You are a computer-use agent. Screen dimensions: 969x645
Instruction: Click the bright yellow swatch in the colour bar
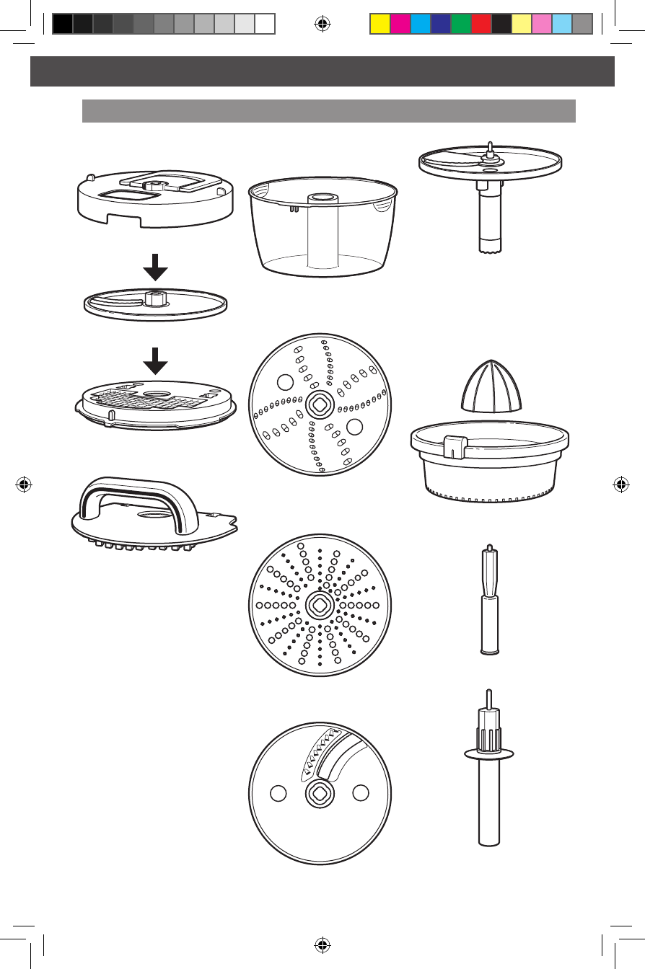pyautogui.click(x=379, y=25)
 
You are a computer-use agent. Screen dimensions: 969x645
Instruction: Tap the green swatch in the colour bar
pyautogui.click(x=460, y=25)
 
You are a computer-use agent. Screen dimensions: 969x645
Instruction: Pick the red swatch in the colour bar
pyautogui.click(x=481, y=25)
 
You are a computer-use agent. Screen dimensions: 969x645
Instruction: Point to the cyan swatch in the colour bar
pyautogui.click(x=420, y=25)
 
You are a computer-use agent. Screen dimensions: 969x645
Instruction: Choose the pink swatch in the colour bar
pyautogui.click(x=541, y=25)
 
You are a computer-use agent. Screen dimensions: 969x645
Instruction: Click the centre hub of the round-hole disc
pyautogui.click(x=319, y=605)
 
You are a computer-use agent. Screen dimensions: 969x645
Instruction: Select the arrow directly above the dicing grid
pyautogui.click(x=155, y=360)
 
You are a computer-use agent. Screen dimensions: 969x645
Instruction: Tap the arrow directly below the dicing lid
pyautogui.click(x=155, y=273)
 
